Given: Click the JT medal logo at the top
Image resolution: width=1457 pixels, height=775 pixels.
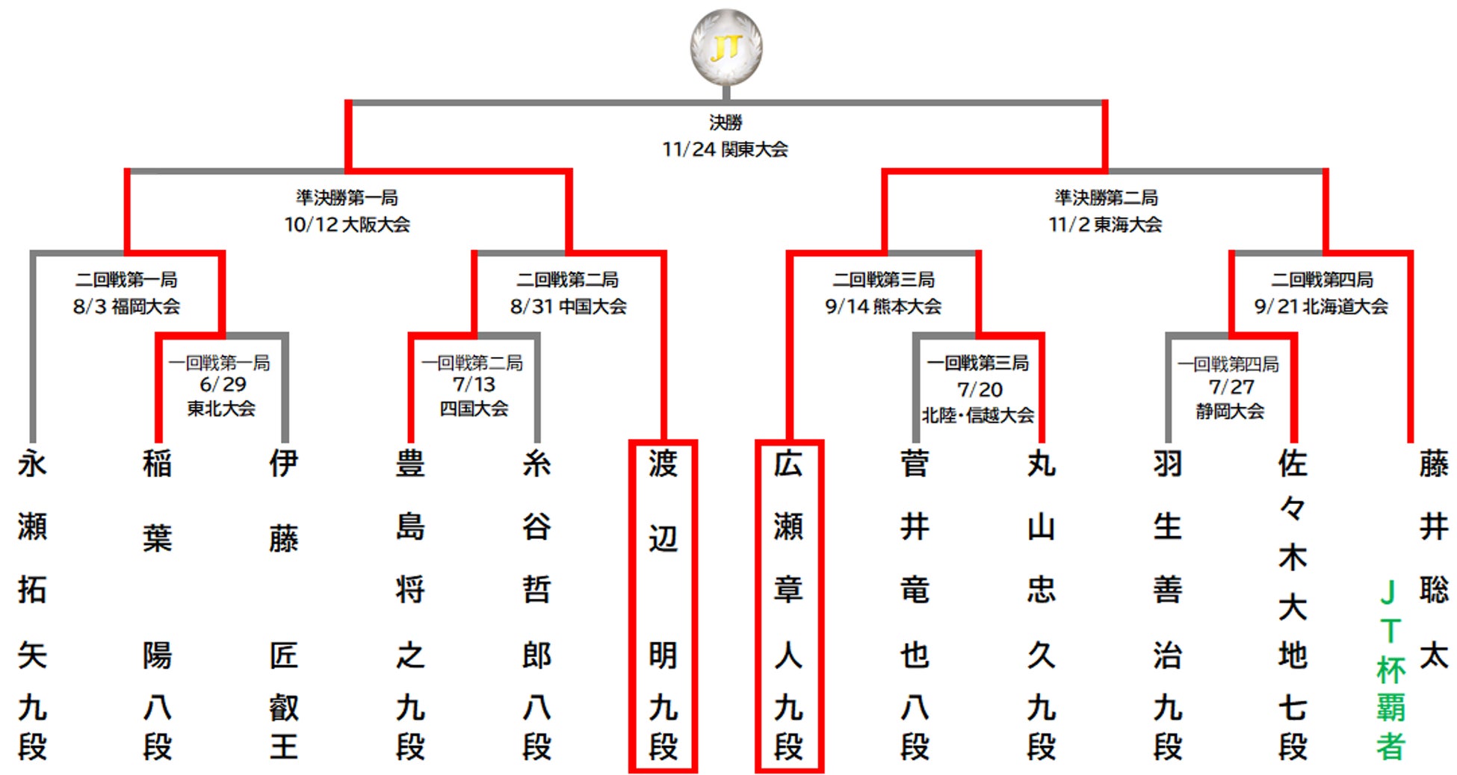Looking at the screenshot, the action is pyautogui.click(x=726, y=47).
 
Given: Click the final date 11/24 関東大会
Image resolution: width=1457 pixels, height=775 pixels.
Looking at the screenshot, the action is pyautogui.click(x=725, y=149).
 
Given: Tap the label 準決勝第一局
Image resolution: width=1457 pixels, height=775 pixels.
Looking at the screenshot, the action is pyautogui.click(x=347, y=198).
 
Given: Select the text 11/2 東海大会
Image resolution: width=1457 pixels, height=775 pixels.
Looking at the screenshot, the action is pyautogui.click(x=1105, y=225).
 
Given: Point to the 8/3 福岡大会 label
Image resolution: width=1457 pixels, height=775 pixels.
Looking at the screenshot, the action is pyautogui.click(x=126, y=306).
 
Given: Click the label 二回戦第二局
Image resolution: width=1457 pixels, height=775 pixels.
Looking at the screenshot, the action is pyautogui.click(x=568, y=280).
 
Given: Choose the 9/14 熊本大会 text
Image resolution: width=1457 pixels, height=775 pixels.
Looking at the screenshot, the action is pyautogui.click(x=883, y=306).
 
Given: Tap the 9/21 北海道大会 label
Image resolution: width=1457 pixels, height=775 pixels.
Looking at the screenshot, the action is pyautogui.click(x=1321, y=306).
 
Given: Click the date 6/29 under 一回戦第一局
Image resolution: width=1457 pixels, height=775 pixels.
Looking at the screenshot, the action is pyautogui.click(x=222, y=385).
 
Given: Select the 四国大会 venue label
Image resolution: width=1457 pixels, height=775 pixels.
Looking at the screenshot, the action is pyautogui.click(x=474, y=408).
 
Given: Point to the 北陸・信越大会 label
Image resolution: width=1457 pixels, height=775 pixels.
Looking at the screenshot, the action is pyautogui.click(x=978, y=415).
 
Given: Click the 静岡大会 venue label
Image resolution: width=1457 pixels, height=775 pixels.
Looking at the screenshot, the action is pyautogui.click(x=1230, y=411).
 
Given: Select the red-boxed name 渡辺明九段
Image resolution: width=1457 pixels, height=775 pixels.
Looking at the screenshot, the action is pyautogui.click(x=663, y=605).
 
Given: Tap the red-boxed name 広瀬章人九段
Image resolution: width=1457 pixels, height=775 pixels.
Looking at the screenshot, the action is pyautogui.click(x=789, y=605).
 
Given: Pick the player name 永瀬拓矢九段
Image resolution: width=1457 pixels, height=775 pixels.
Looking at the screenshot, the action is pyautogui.click(x=32, y=605).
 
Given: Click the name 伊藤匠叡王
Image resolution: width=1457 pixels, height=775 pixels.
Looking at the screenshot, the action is pyautogui.click(x=284, y=605).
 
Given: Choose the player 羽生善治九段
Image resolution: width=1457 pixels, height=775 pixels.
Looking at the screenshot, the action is pyautogui.click(x=1168, y=605).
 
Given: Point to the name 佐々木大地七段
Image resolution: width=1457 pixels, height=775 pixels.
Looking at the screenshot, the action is pyautogui.click(x=1293, y=605).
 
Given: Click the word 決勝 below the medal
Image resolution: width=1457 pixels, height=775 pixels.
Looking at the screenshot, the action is pyautogui.click(x=725, y=122).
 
